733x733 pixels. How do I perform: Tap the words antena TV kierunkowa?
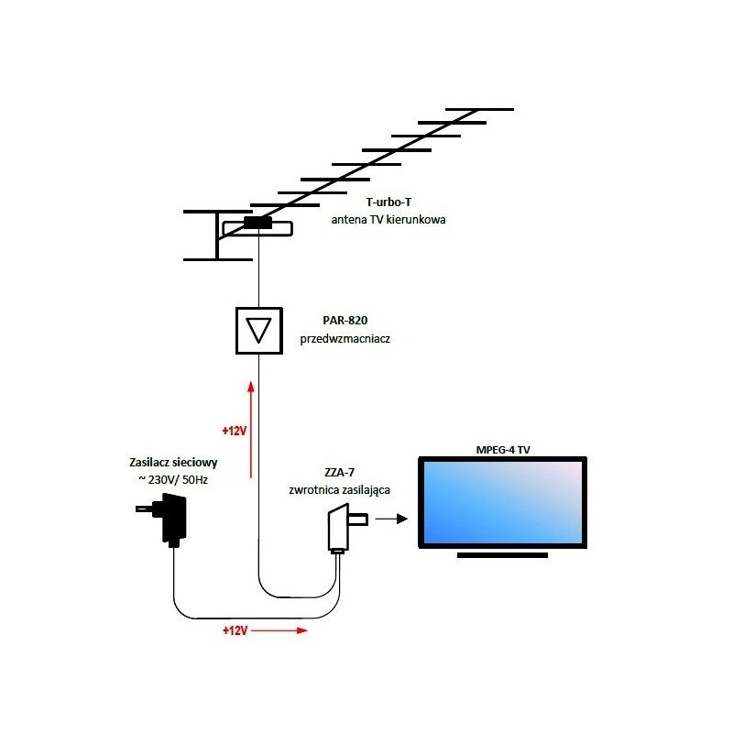pos(388,221)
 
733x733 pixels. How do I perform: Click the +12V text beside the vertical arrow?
pos(235,429)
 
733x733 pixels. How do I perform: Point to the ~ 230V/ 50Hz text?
pos(173,480)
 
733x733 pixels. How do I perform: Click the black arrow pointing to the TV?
pos(391,519)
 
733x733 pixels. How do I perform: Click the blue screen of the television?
pos(502,501)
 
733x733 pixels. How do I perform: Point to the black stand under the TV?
pos(502,555)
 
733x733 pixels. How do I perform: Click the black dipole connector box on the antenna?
pos(257,223)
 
